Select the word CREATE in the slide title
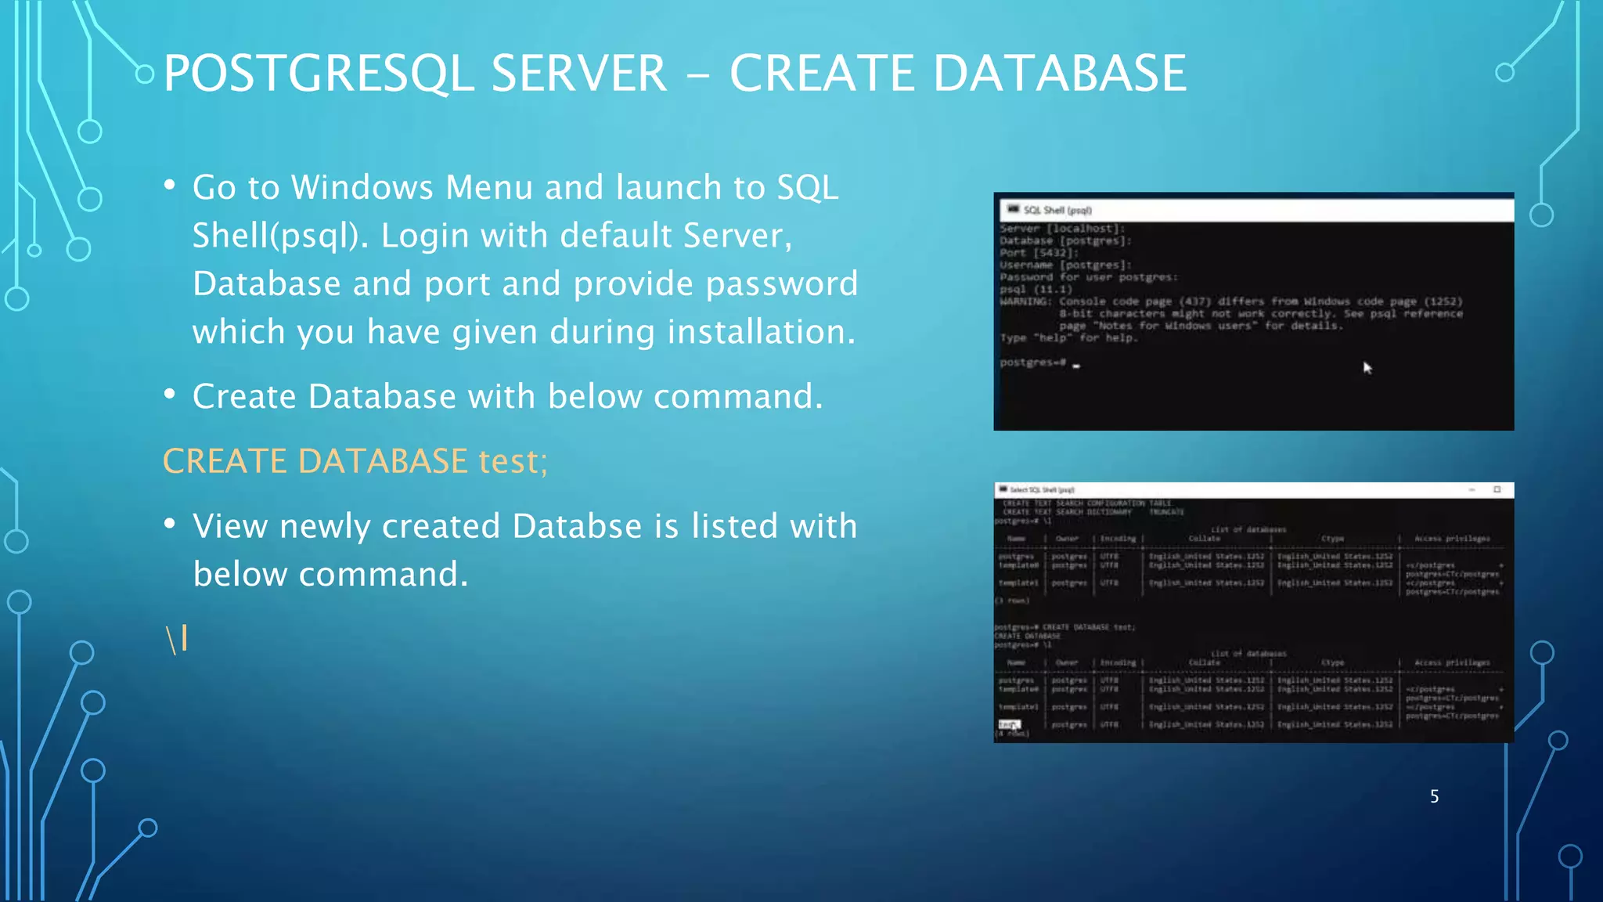pyautogui.click(x=821, y=74)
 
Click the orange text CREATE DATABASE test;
pyautogui.click(x=355, y=461)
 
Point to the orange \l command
pyautogui.click(x=177, y=640)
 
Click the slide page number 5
pyautogui.click(x=1434, y=796)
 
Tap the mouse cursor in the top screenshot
pyautogui.click(x=1367, y=367)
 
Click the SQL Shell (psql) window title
pyautogui.click(x=1057, y=210)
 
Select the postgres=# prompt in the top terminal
pyautogui.click(x=1032, y=363)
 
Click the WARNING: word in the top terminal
pyautogui.click(x=1025, y=301)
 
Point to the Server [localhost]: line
pyautogui.click(x=1061, y=229)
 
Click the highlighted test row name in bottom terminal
pyautogui.click(x=1009, y=724)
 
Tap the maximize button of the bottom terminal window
pyautogui.click(x=1497, y=489)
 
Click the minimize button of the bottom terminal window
pyautogui.click(x=1472, y=489)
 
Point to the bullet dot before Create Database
pyautogui.click(x=170, y=394)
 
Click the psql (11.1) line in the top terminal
pyautogui.click(x=1036, y=289)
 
